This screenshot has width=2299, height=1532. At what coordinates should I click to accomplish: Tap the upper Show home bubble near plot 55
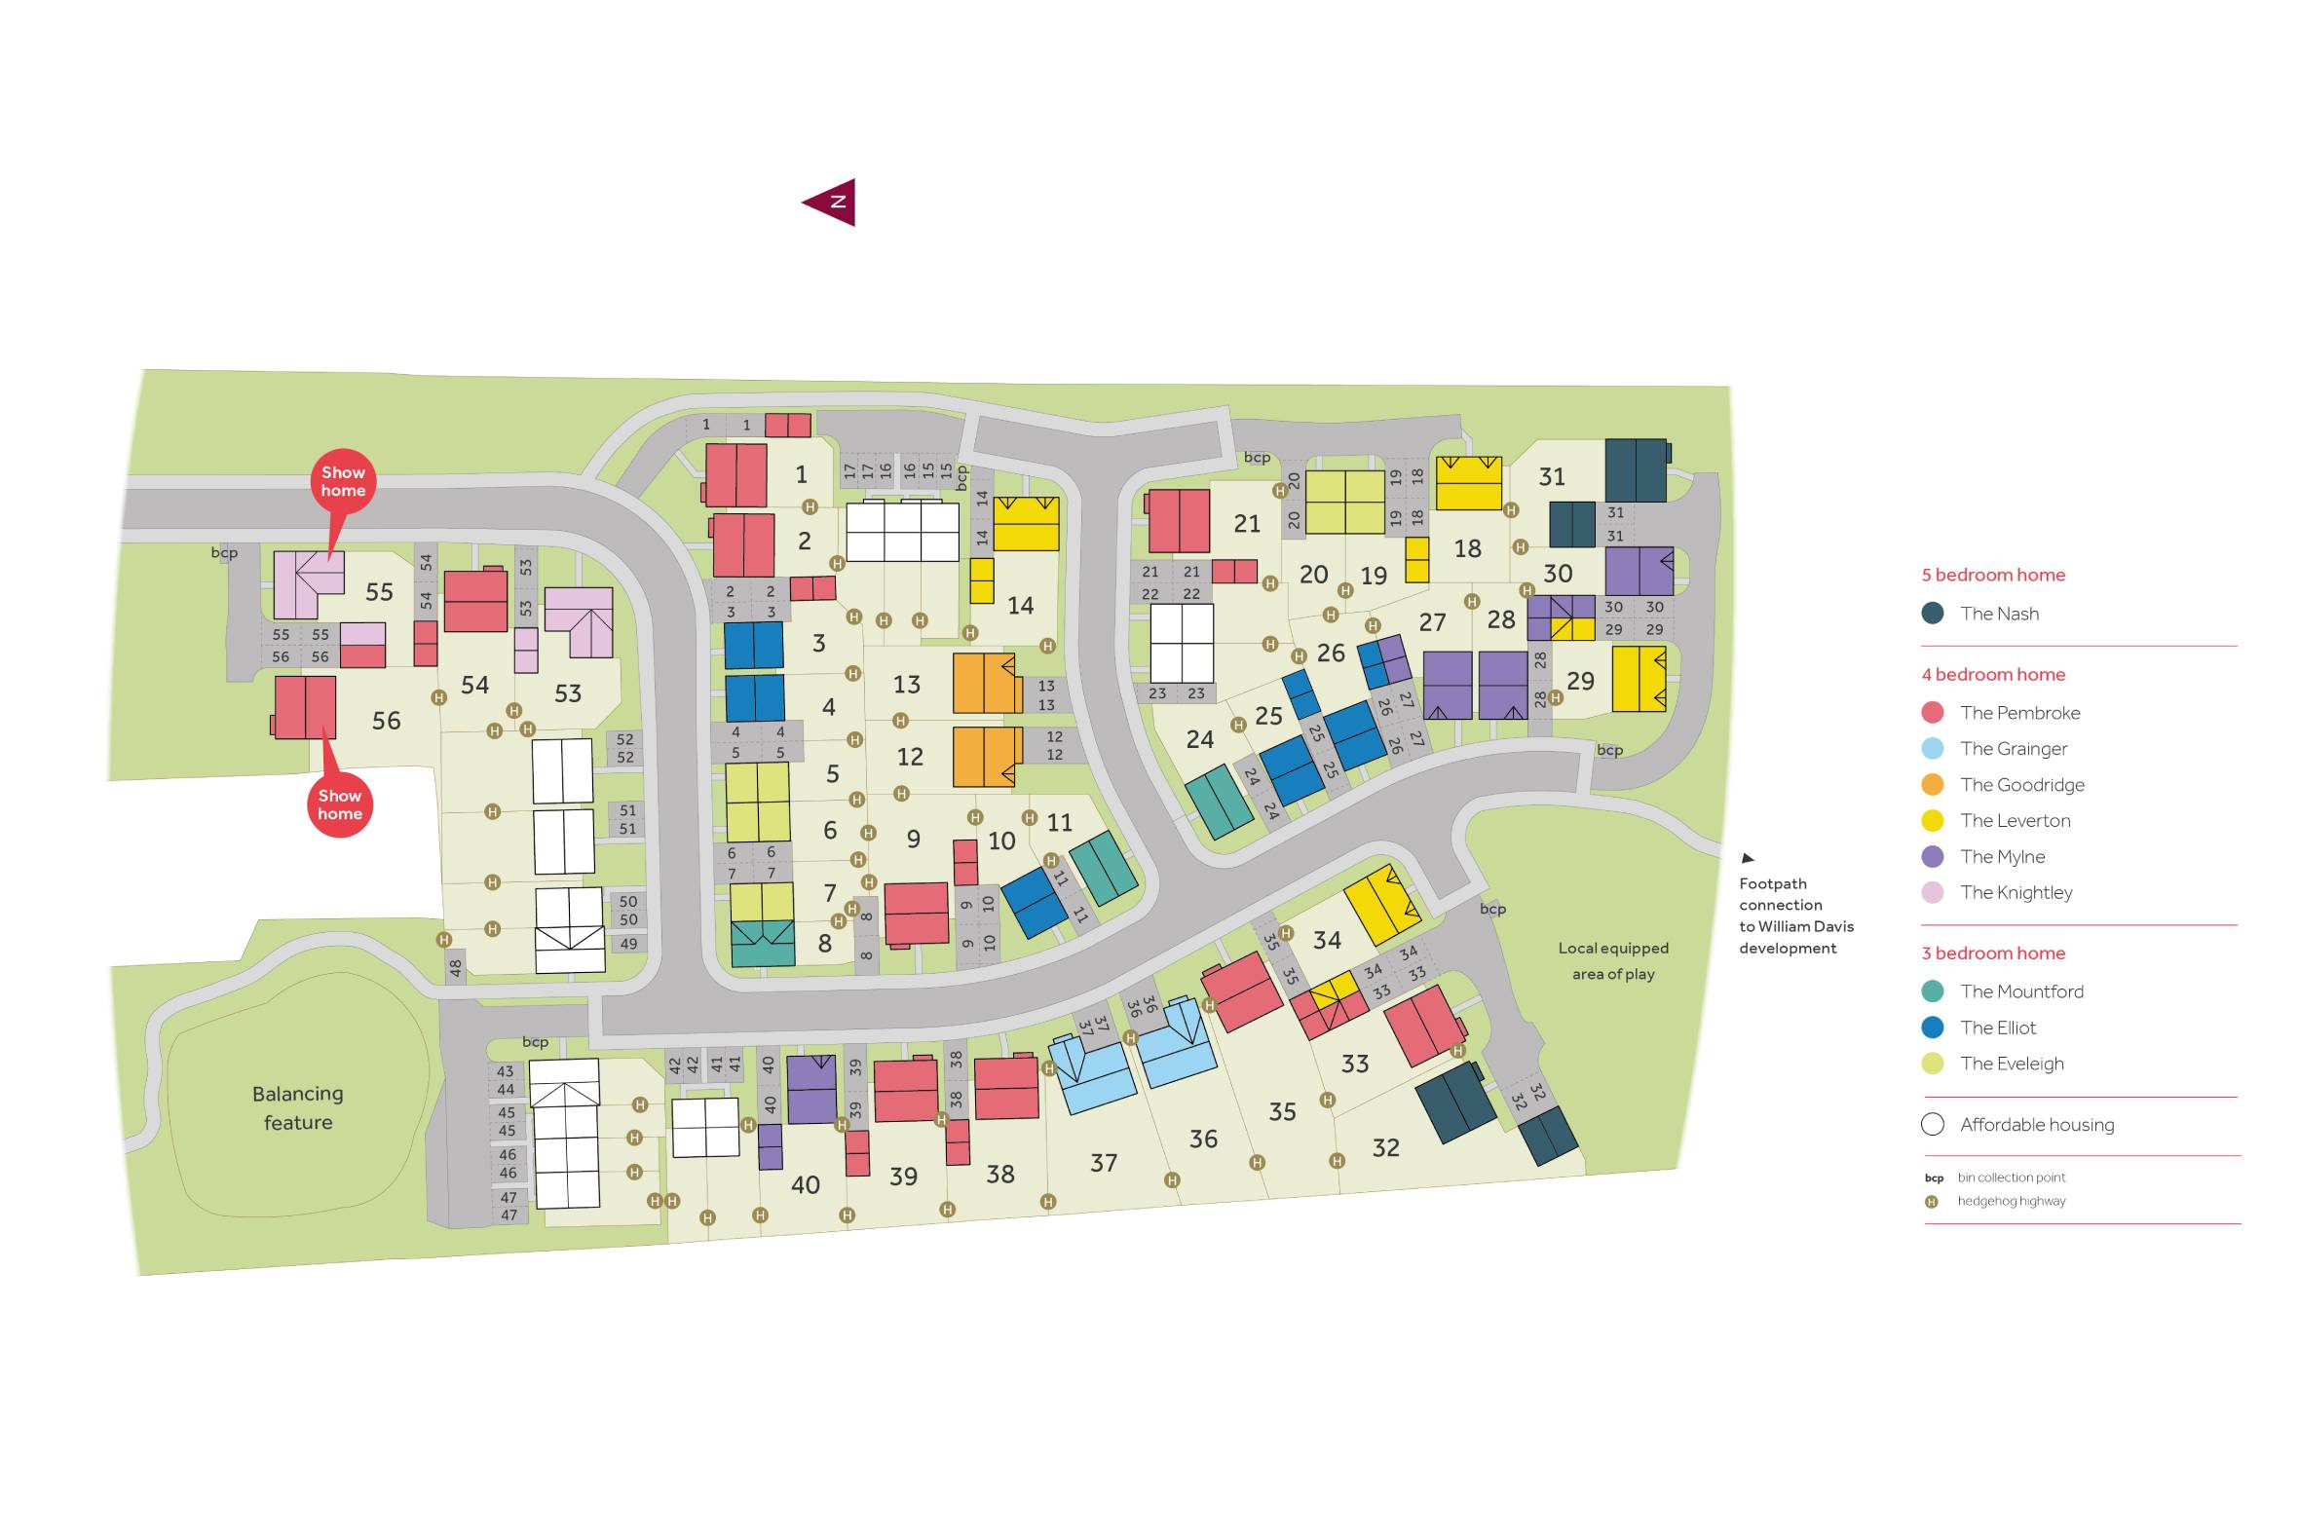click(342, 482)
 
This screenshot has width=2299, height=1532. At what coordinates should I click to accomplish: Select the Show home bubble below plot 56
click(339, 804)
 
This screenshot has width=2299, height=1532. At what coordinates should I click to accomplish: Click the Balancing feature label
click(298, 1107)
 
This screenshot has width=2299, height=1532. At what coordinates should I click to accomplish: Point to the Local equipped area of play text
click(1612, 960)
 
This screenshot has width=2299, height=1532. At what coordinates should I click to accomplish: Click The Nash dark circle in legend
click(1932, 614)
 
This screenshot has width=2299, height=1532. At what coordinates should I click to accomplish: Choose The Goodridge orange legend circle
click(1932, 785)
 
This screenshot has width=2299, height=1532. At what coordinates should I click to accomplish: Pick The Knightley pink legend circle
click(1932, 892)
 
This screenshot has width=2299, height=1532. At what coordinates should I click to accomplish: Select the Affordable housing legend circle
click(1932, 1125)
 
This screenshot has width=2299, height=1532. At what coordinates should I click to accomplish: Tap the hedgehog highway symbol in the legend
click(1931, 1202)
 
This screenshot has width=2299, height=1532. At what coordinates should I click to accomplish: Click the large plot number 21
click(1247, 524)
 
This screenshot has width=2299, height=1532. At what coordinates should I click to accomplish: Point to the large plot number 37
click(1103, 1163)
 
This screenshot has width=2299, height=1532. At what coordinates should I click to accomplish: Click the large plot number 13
click(907, 685)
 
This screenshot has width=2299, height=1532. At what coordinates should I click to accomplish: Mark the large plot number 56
click(386, 721)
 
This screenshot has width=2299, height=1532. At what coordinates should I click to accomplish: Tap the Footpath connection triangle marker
click(1748, 859)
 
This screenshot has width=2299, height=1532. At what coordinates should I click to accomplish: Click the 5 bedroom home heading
click(1993, 575)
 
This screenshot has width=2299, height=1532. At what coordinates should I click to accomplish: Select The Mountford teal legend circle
click(1932, 991)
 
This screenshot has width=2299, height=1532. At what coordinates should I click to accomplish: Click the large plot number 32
click(1385, 1148)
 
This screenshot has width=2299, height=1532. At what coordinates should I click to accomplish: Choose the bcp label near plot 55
click(224, 553)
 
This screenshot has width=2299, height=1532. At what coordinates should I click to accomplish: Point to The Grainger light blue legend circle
click(1932, 748)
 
